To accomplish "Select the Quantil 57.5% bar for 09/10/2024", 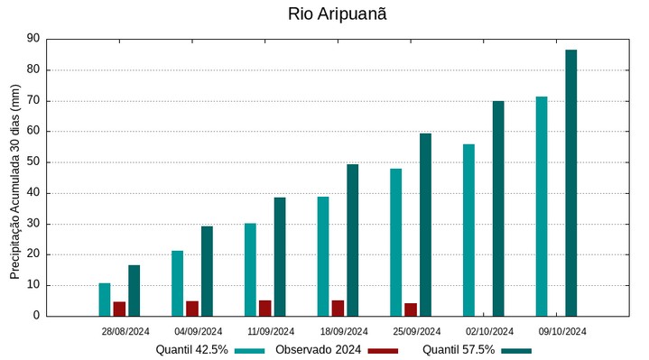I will tap(570, 182).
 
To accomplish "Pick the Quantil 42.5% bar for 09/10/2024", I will tap(542, 206).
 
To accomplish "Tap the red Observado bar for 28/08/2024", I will tap(119, 309).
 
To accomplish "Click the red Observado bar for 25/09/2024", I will tap(411, 309).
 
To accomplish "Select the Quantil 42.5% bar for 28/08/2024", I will tap(105, 300).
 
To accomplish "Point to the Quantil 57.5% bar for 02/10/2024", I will tap(498, 208).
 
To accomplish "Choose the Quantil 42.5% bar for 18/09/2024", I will tap(323, 256).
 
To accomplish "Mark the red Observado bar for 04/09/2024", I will tap(192, 309).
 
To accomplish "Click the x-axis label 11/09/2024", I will tap(271, 331).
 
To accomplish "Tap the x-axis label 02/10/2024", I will tap(489, 331).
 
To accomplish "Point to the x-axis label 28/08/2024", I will tap(125, 331).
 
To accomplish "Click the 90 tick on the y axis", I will tap(33, 39).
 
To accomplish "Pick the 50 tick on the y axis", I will tap(33, 162).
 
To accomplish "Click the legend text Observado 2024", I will tap(319, 350).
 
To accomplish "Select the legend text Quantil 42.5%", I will tap(191, 350).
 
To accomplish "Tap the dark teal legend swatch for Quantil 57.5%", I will tap(516, 350).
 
